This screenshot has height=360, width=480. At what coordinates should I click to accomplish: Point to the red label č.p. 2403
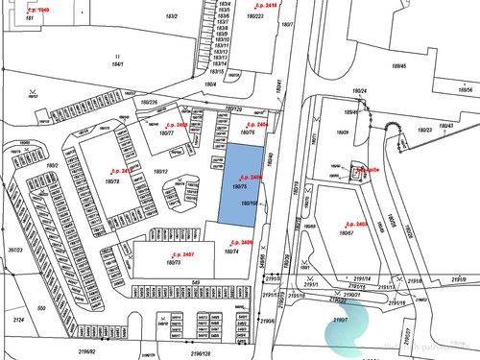[x=355, y=224]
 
